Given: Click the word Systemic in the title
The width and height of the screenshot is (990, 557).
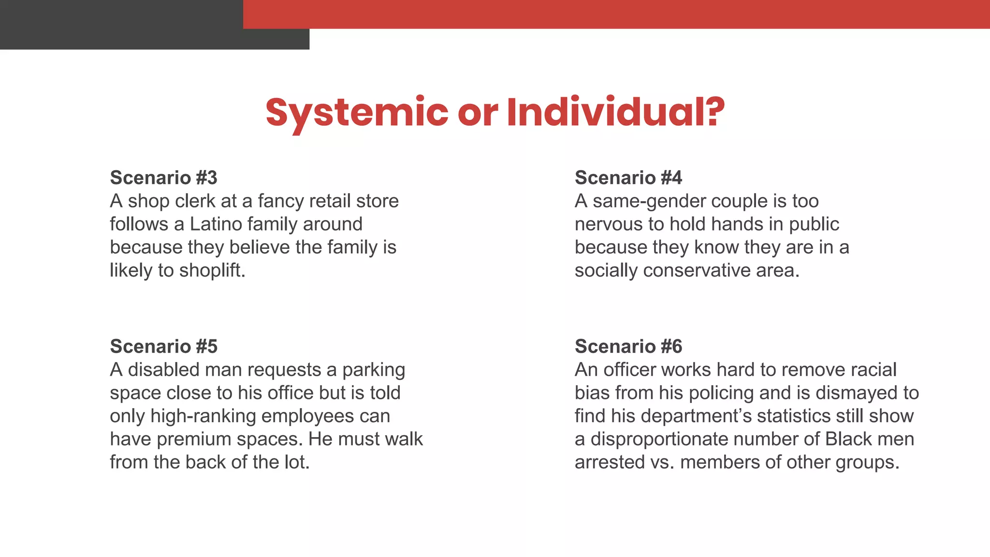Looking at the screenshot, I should click(x=357, y=112).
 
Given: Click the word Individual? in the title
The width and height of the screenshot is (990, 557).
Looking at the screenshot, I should click(x=615, y=112).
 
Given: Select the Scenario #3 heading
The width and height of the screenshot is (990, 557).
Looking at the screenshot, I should click(x=163, y=178).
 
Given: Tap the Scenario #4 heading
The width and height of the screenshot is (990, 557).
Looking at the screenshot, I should click(x=628, y=178).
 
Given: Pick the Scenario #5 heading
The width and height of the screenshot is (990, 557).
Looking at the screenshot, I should click(x=163, y=347).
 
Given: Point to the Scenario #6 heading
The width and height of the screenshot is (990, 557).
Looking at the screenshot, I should click(x=628, y=347).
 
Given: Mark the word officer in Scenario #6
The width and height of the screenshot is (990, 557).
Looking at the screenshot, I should click(x=629, y=370).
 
